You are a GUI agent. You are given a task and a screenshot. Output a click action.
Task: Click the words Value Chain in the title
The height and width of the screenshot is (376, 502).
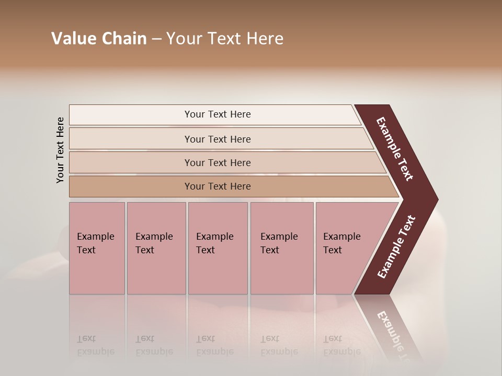coord(99,39)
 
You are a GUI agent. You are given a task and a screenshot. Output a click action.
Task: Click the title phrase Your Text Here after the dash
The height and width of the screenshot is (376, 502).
coord(225,39)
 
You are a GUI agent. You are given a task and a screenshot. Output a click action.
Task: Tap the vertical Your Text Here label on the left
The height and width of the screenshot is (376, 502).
coord(60,150)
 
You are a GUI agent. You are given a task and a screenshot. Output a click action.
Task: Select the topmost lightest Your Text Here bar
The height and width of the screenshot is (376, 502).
coord(218,114)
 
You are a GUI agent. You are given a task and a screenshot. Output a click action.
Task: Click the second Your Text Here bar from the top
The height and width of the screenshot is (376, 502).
coord(218,139)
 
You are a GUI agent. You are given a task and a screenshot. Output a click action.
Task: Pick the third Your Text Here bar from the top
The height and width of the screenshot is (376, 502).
coord(218,162)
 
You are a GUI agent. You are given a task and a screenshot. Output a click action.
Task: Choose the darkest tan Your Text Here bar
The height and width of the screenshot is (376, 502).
coord(218,186)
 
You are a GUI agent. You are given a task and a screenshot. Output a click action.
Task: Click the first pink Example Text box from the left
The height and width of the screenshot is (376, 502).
coord(97,248)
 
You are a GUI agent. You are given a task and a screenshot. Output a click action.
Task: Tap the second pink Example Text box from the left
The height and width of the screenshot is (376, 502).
coord(156,248)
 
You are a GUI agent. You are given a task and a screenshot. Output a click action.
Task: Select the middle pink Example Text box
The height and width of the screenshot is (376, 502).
coord(218,248)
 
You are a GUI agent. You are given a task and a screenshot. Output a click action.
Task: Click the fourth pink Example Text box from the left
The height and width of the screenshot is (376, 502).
coord(281,248)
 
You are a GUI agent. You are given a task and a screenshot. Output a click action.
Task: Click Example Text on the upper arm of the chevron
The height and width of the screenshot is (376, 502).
coord(395,149)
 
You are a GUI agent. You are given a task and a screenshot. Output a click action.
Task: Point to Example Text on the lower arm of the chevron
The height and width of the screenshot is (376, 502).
coord(396,247)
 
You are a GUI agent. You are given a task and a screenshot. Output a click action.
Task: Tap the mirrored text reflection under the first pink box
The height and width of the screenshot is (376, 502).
coord(95,346)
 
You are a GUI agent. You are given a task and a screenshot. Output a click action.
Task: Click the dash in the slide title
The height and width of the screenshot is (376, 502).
coord(156,39)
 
